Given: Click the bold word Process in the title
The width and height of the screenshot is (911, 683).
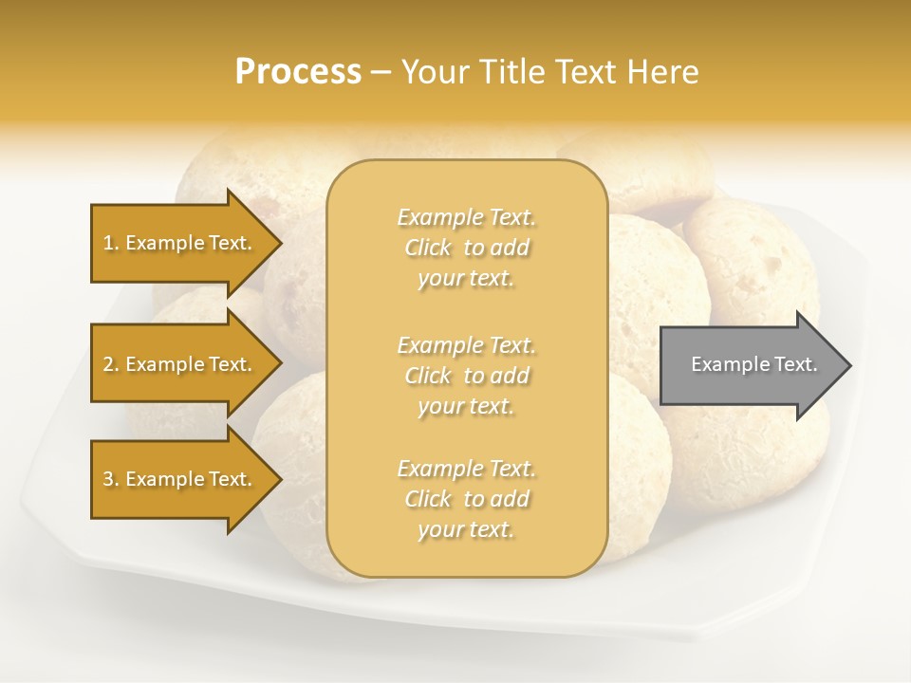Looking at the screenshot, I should [298, 72].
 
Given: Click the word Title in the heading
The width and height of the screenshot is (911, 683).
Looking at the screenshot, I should [511, 72].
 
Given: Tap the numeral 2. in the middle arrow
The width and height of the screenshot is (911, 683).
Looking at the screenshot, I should [110, 364].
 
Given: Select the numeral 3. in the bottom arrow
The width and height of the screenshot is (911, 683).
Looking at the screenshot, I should [110, 479].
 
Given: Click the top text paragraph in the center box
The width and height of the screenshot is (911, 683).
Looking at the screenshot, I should [466, 248].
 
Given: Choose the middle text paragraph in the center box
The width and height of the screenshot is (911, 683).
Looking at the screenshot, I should [466, 375].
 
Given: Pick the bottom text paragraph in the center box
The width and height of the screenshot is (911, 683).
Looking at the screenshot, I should [466, 499].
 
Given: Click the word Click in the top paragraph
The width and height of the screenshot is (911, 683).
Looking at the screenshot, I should [428, 248].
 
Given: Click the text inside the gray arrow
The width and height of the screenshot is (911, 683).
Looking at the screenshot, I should [754, 364].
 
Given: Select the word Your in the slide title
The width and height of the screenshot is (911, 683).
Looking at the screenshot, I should [435, 72].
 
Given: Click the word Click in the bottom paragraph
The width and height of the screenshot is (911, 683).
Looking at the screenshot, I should [428, 499].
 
